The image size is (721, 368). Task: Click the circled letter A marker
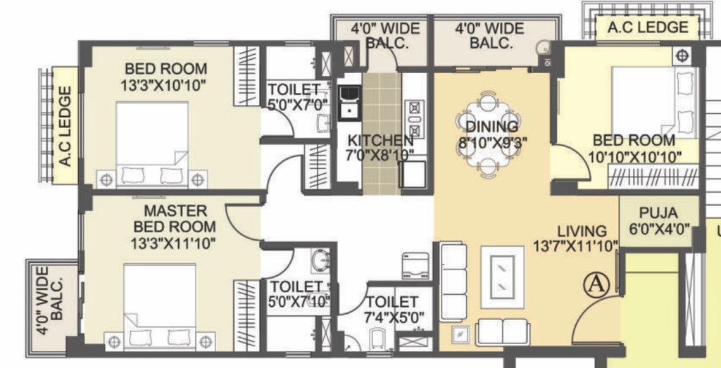click(x=596, y=285)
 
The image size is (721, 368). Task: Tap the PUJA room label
click(x=658, y=213)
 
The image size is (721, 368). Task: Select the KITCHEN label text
click(x=380, y=139)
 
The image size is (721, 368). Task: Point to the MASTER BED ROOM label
click(x=175, y=219)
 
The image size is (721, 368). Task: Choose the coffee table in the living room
click(x=502, y=277)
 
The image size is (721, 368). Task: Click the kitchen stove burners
click(x=414, y=118)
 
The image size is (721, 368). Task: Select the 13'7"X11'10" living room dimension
click(x=575, y=246)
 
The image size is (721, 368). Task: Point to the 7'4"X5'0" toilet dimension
click(x=394, y=317)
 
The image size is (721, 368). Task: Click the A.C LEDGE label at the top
click(x=648, y=27)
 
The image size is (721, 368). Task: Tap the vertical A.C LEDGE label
click(x=65, y=126)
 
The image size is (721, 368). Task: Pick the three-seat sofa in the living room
click(x=453, y=281)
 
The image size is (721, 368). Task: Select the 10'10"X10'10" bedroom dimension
click(x=634, y=158)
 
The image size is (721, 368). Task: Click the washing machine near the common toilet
click(x=415, y=265)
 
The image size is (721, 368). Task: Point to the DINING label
click(x=491, y=127)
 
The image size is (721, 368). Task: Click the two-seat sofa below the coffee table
click(x=503, y=331)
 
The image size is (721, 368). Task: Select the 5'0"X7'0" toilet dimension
click(x=299, y=104)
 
